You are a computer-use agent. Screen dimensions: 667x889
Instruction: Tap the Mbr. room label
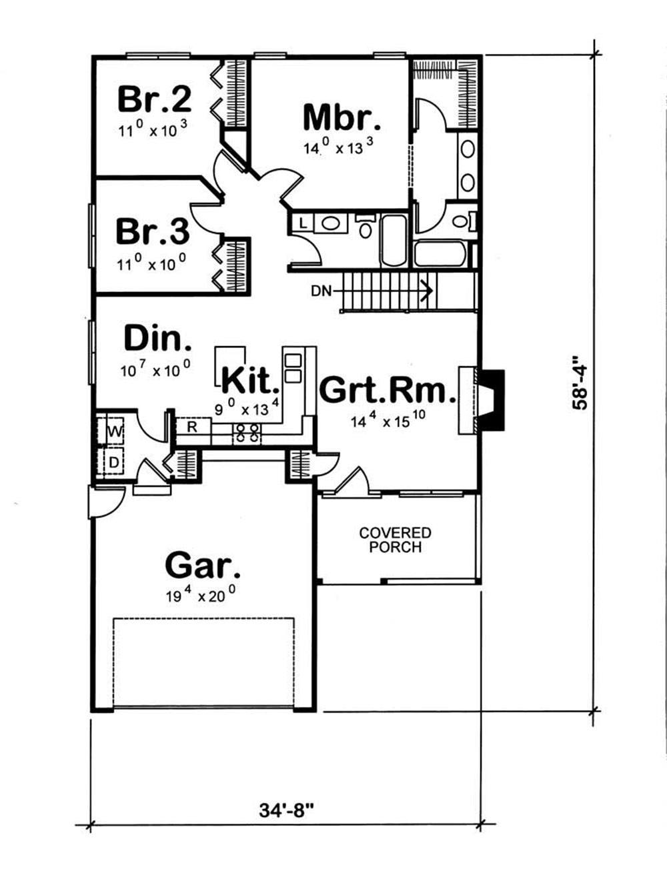[x=342, y=118]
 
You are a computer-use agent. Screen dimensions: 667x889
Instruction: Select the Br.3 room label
[x=153, y=232]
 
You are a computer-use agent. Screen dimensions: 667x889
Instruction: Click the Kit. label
[x=248, y=380]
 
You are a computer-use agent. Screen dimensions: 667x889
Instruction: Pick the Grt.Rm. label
[x=388, y=390]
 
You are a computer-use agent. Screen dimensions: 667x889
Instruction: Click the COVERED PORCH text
[x=396, y=540]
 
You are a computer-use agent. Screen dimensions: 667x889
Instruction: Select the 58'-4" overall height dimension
[x=580, y=383]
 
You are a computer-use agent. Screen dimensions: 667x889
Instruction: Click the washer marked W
[x=115, y=432]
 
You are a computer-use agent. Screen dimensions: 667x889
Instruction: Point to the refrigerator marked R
[x=192, y=426]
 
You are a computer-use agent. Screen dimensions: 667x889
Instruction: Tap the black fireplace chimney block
[x=492, y=399]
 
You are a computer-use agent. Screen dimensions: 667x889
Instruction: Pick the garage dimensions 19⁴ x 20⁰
[x=201, y=595]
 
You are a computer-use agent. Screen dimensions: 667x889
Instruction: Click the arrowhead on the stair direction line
[x=427, y=291]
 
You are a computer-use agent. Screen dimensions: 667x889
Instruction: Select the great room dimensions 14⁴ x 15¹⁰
[x=388, y=420]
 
